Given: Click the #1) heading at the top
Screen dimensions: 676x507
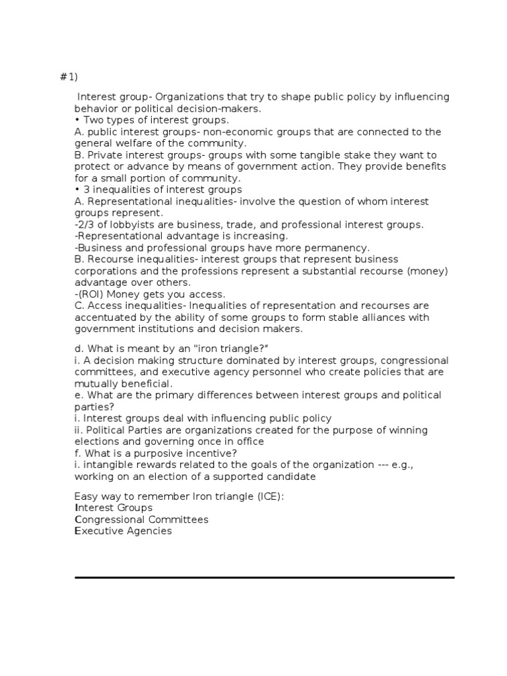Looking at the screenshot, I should point(69,78).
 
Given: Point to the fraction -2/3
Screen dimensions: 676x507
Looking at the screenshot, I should point(84,224).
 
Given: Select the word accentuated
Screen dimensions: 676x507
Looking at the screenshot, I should point(104,317).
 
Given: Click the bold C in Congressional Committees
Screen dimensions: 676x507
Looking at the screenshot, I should point(78,520).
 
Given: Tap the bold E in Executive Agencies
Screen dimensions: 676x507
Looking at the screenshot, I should point(77,531).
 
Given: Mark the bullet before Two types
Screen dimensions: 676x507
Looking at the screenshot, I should point(77,120).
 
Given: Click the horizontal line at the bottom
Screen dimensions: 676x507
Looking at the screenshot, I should point(264,578).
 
